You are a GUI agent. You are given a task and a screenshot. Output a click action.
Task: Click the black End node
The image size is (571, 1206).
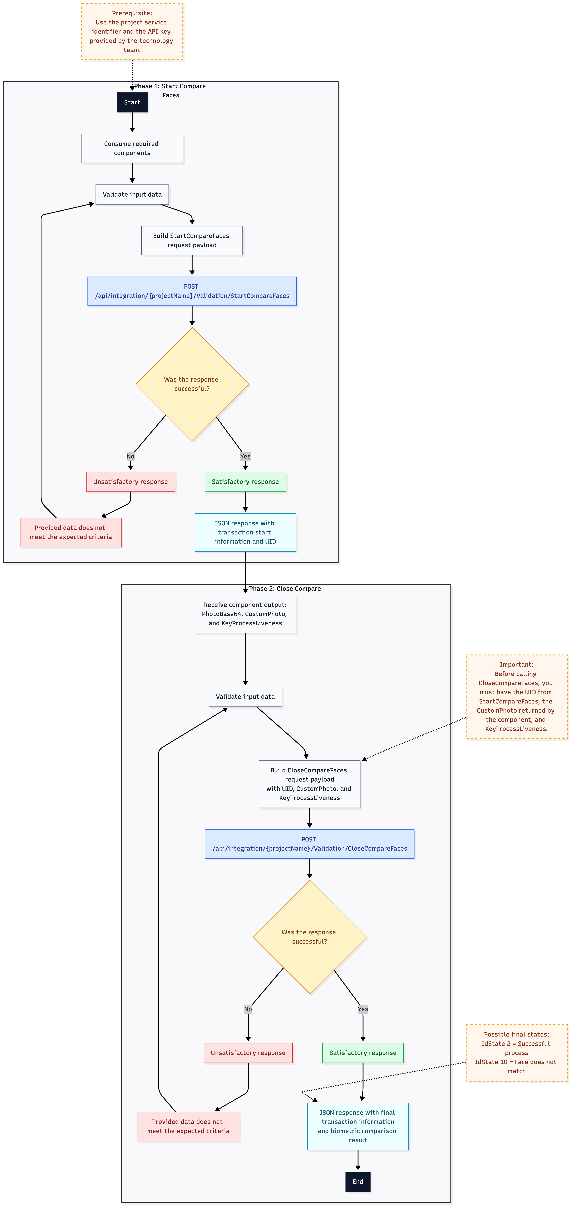tap(358, 1181)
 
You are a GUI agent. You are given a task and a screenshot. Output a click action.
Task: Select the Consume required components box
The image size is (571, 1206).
tap(132, 148)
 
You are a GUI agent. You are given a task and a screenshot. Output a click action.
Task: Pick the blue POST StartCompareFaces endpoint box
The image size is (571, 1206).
tap(192, 291)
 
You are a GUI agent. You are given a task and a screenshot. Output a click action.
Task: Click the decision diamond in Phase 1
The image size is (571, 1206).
tap(192, 384)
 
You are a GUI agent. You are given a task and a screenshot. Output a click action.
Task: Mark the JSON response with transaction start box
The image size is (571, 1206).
tap(245, 532)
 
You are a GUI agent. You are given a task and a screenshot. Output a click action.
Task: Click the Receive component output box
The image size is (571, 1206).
tap(245, 614)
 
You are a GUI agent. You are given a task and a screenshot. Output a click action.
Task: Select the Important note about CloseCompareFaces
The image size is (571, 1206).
tap(516, 697)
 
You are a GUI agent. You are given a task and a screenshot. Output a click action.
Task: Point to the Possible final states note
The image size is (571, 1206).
tap(516, 1052)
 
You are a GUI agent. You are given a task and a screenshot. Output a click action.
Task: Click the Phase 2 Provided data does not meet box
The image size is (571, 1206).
tap(188, 1126)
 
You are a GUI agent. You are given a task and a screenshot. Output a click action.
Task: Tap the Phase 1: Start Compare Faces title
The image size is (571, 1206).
tap(170, 90)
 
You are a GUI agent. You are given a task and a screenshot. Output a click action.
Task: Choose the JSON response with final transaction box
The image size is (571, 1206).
tap(358, 1126)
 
